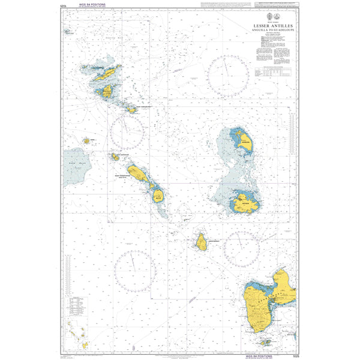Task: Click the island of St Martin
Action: coord(107,91)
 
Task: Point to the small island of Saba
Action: coord(86,140)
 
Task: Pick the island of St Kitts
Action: coord(138,174)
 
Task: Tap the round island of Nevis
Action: coord(157,195)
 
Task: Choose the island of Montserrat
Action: coord(201,242)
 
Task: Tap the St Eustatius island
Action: coord(115,157)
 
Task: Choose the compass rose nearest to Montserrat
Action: coord(241,247)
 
